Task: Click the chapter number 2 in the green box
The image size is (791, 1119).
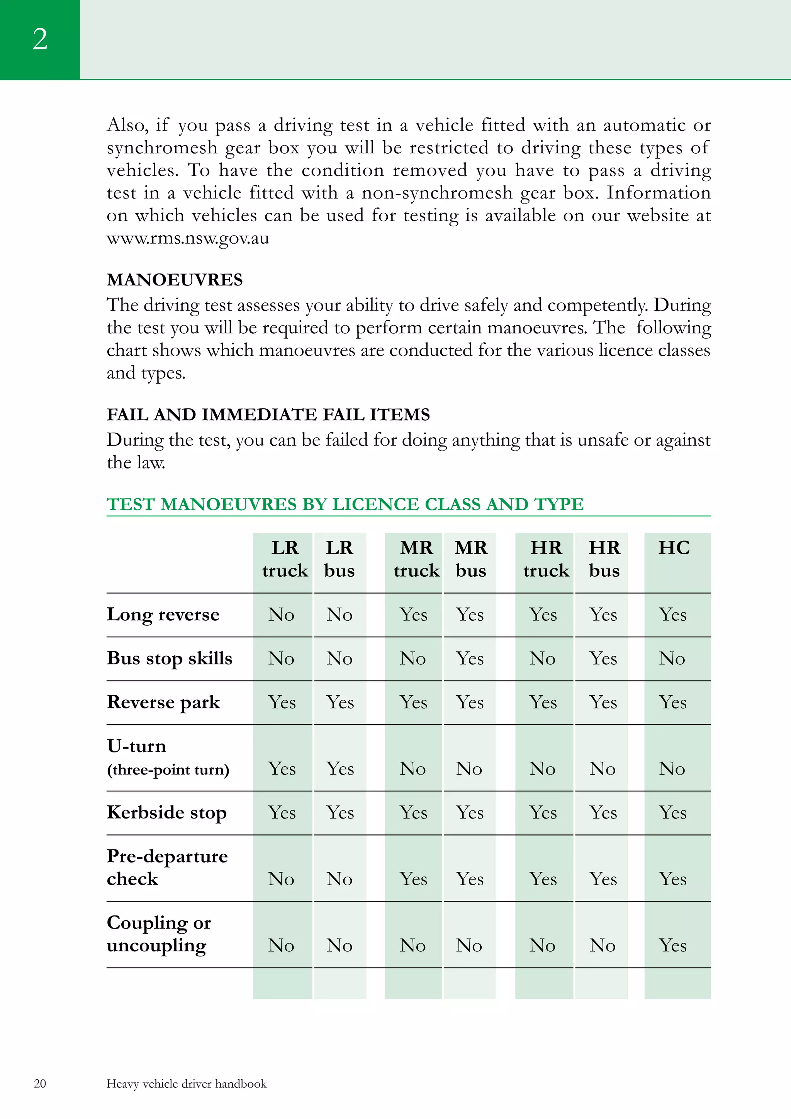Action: (40, 39)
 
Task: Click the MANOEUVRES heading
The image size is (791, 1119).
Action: (175, 280)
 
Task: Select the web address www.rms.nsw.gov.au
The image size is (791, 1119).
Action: (188, 238)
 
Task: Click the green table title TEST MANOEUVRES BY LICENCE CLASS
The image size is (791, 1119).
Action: (345, 504)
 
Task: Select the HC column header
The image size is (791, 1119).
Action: (674, 548)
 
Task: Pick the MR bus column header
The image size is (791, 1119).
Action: (471, 559)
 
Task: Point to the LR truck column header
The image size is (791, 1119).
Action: (285, 559)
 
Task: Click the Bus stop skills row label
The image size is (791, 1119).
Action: (170, 659)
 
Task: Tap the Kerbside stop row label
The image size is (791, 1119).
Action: (167, 812)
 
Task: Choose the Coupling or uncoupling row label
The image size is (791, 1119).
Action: (158, 934)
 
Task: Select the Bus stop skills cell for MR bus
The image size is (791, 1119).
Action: (470, 659)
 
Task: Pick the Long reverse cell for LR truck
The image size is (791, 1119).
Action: (281, 615)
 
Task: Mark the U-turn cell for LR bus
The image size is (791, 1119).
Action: (340, 769)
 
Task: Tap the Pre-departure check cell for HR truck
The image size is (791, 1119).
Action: (543, 879)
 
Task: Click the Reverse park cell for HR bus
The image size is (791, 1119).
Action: (603, 702)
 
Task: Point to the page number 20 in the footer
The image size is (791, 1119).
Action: (40, 1083)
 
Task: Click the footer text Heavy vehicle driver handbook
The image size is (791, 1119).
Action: (187, 1083)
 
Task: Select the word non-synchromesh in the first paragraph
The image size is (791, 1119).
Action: (437, 193)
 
